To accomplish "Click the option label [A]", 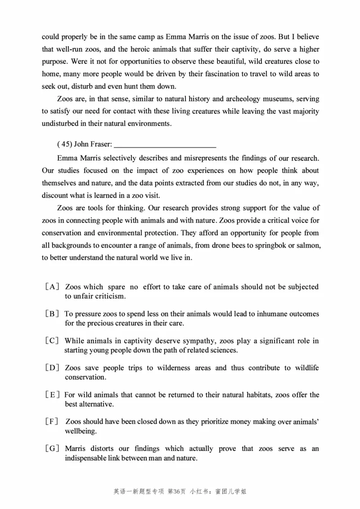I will click(x=52, y=287).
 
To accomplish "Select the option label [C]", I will click(x=52, y=341).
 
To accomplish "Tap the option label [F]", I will click(x=52, y=422).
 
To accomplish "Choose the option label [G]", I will click(x=52, y=449).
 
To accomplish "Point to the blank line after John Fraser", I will click(x=165, y=145).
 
